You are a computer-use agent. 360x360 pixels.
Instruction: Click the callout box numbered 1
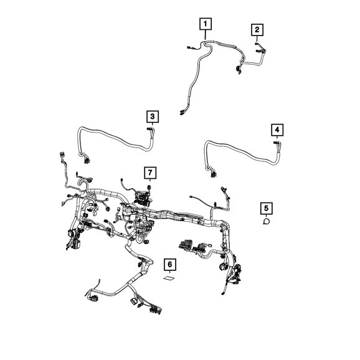(206, 24)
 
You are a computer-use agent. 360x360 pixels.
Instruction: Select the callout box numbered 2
(257, 30)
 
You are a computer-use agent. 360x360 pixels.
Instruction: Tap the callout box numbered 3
(153, 116)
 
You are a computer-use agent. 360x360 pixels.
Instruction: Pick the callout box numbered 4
(277, 130)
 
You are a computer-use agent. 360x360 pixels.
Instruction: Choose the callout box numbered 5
(267, 209)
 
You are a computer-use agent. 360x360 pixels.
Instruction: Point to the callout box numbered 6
(170, 265)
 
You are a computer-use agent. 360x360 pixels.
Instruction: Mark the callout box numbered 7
(150, 173)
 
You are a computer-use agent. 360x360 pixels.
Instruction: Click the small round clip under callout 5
(267, 221)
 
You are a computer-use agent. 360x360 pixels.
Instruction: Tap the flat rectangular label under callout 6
(169, 278)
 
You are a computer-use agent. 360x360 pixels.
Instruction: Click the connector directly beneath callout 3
(149, 130)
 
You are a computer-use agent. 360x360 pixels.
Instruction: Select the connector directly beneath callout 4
(276, 143)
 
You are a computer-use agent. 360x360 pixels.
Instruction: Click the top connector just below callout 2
(257, 44)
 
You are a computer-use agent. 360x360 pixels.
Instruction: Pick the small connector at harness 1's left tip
(189, 47)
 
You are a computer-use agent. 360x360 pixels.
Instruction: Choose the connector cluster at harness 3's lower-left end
(86, 160)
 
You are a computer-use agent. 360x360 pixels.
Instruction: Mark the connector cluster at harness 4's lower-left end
(214, 174)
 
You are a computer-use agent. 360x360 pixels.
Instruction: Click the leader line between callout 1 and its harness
(206, 35)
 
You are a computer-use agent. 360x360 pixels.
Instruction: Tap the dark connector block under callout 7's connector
(143, 197)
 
